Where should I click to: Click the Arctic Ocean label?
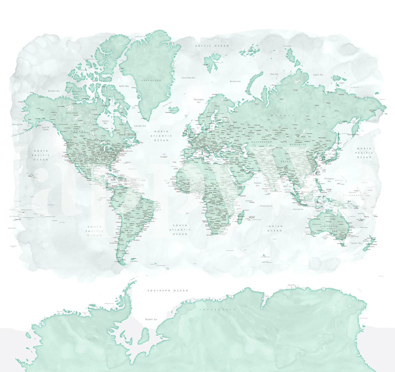coord(212,46)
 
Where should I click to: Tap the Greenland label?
coord(151,80)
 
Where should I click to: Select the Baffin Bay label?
coord(124,86)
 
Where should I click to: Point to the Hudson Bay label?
coord(105,122)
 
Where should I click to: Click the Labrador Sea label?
coord(140,126)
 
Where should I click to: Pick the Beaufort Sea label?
coord(54,91)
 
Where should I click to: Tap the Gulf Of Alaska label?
coord(46,128)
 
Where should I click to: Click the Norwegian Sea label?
coord(199,101)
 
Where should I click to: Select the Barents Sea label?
coord(235,81)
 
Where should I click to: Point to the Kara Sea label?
coord(274,74)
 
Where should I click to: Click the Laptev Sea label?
coord(318,75)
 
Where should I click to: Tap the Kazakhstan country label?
coord(262,142)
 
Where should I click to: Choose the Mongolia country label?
coord(298,144)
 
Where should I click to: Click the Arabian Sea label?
coord(258,184)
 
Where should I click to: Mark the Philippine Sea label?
coord(329,180)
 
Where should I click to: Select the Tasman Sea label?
coord(356,243)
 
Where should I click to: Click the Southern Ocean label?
coord(167,291)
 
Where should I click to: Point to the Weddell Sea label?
coord(151,319)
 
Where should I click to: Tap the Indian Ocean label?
coord(275,228)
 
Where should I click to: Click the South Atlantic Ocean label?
coord(180,230)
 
